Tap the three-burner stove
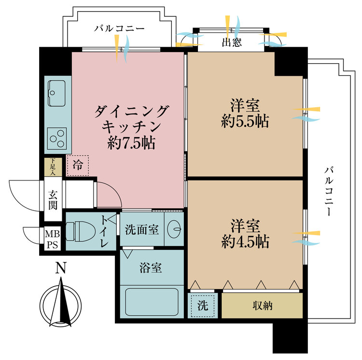[58, 138]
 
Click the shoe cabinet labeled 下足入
[53, 166]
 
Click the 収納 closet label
[262, 305]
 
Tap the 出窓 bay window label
[232, 42]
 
